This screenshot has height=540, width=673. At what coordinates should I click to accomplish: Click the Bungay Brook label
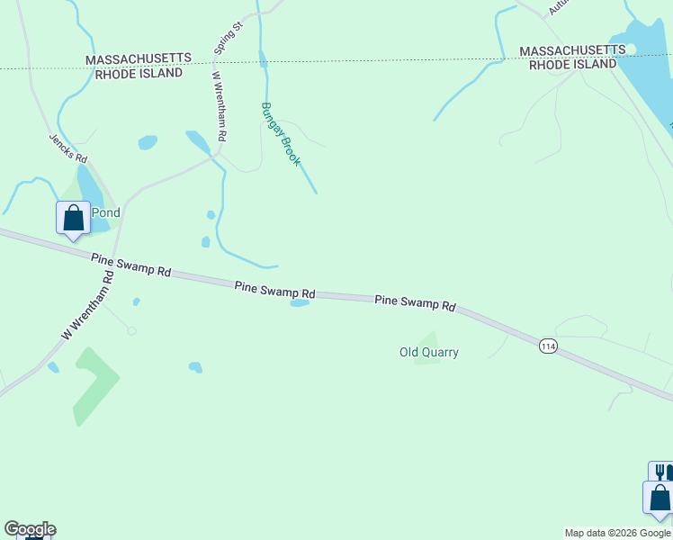280,134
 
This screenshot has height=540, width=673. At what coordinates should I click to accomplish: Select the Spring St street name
228,39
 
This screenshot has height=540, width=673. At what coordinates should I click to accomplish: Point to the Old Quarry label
429,352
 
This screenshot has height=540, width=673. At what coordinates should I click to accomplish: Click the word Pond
105,213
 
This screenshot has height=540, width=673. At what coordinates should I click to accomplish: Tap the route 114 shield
547,346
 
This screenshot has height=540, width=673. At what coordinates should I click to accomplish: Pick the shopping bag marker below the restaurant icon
659,499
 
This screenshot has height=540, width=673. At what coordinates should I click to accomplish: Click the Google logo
30,529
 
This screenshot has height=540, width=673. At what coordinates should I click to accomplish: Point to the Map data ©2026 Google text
617,533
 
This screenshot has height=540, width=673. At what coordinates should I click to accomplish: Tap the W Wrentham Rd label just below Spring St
219,106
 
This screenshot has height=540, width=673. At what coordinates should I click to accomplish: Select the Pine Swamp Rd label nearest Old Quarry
415,302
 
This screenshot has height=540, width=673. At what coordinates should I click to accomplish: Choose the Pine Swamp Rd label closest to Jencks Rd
131,265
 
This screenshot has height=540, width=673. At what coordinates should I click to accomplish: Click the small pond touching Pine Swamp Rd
300,303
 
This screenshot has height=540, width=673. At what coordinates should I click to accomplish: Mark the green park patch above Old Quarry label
428,338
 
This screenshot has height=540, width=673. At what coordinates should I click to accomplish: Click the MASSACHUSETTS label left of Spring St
139,58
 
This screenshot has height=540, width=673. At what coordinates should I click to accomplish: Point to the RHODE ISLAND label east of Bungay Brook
572,64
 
